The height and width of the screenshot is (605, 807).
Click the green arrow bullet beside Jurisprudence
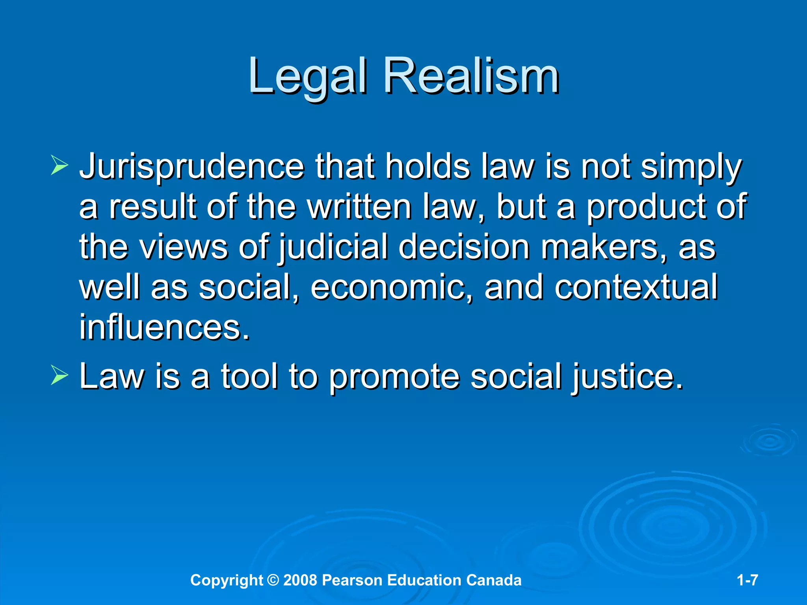coord(60,165)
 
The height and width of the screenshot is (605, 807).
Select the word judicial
coord(333,247)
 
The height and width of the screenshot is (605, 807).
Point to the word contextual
coord(636,288)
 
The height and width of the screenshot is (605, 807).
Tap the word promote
coord(394,377)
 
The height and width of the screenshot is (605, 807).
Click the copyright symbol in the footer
coord(273,580)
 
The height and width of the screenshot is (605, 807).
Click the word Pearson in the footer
coord(352,580)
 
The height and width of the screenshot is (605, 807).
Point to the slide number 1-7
coord(747,580)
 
